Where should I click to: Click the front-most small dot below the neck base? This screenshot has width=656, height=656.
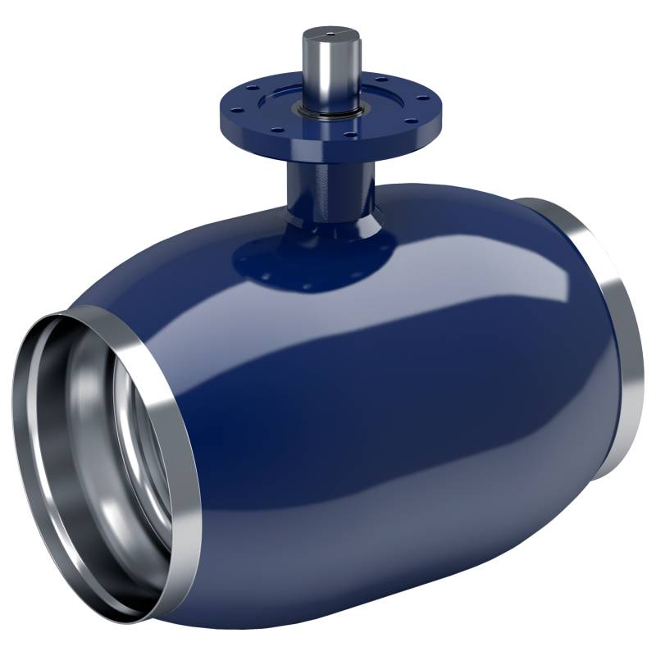pyautogui.click(x=305, y=287)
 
